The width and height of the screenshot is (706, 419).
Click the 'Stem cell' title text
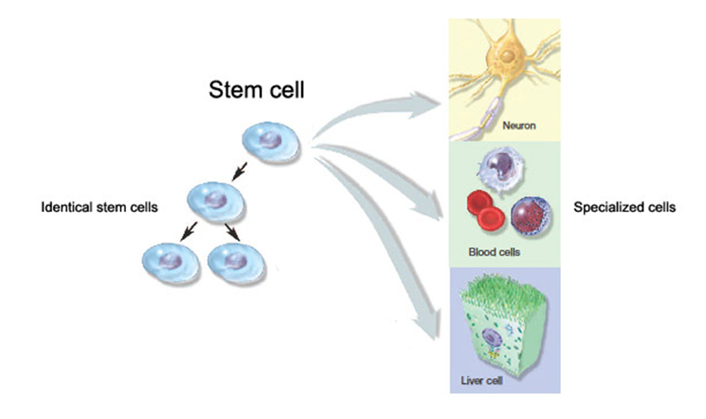point(256,90)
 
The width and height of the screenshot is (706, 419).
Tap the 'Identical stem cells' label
point(100,207)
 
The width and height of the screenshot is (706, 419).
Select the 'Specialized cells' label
point(624,207)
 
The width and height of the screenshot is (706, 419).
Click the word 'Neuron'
point(518,126)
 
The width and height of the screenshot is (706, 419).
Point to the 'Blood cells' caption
point(494,252)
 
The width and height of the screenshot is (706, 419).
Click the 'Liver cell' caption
point(481,381)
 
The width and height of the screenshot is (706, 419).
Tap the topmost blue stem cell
point(271,142)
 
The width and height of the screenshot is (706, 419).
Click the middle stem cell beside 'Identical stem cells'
point(215,202)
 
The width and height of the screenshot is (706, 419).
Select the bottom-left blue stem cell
point(171,263)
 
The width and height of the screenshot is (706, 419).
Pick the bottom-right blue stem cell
point(236,263)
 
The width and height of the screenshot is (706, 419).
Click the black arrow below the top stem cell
point(239,171)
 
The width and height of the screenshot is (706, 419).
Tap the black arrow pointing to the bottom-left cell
point(188,230)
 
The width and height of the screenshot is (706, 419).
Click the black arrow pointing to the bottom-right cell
point(233,231)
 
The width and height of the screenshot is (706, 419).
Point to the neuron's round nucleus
point(507,57)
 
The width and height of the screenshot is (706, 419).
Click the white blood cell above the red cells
point(501,170)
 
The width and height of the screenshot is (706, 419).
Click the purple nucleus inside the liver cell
point(491,337)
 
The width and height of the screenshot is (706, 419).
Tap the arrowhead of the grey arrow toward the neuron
point(424,104)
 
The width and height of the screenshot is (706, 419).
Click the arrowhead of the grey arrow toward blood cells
point(428,207)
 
